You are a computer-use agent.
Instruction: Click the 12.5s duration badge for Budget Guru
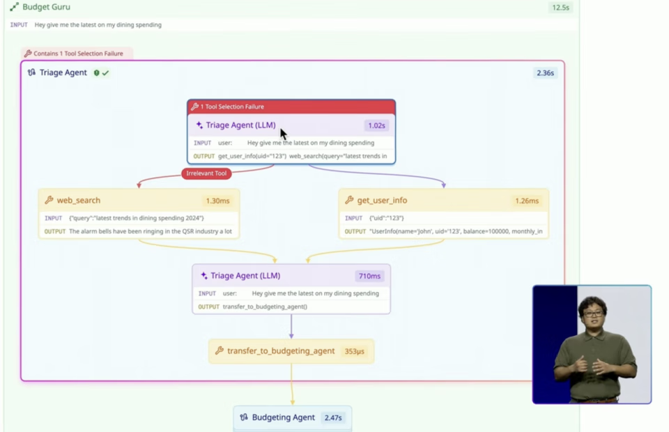[x=560, y=8]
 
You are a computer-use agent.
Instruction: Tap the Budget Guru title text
[x=46, y=7]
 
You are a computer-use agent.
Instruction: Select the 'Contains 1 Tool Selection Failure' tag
[x=77, y=54]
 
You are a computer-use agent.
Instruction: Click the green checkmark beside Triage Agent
[x=105, y=72]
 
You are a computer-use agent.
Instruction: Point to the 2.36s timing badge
[x=545, y=72]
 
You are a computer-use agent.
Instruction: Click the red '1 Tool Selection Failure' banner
[x=291, y=107]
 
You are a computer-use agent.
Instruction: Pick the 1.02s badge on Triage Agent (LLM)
[x=376, y=126]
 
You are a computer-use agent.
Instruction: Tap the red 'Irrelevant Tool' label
[x=206, y=173]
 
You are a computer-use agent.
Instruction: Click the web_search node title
[x=78, y=201]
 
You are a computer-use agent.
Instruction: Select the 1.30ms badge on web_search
[x=217, y=201]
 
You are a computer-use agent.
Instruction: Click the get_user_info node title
[x=382, y=201]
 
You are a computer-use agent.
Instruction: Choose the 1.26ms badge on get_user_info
[x=527, y=201]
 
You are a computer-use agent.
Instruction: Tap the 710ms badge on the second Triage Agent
[x=369, y=276]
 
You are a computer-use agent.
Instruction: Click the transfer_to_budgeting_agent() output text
[x=265, y=307]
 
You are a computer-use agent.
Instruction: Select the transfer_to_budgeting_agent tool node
[x=280, y=351]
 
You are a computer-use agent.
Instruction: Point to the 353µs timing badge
[x=355, y=351]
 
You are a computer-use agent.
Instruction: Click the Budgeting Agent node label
[x=283, y=417]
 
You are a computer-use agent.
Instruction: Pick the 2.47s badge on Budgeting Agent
[x=333, y=418]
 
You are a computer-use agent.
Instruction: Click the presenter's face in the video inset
[x=592, y=309]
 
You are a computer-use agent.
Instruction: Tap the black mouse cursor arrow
[x=283, y=134]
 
